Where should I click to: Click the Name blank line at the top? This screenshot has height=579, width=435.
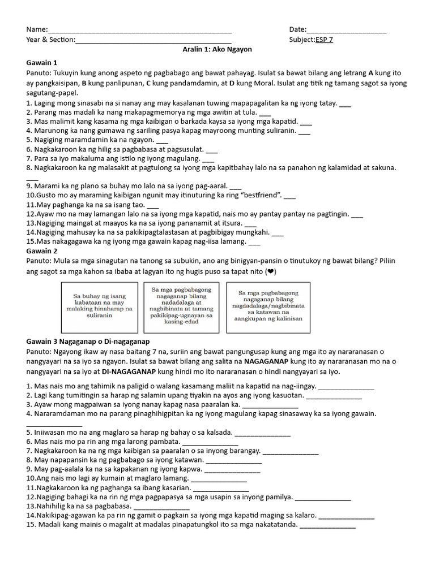(140, 31)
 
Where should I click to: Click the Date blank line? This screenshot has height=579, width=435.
(346, 31)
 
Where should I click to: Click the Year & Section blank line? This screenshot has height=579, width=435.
(153, 41)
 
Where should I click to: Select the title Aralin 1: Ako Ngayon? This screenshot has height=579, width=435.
(217, 50)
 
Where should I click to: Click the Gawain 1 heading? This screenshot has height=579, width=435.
(42, 63)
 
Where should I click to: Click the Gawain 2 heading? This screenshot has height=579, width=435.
(42, 251)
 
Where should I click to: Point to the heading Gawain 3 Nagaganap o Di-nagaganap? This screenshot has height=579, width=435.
(88, 342)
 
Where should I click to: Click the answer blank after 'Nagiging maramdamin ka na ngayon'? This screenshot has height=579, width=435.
(162, 140)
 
